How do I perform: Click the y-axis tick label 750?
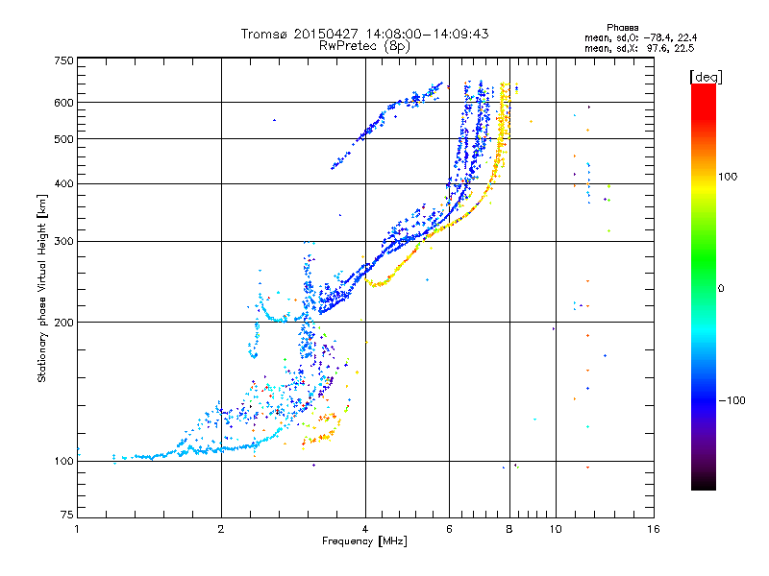[x=63, y=60]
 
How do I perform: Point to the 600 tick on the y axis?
[x=63, y=102]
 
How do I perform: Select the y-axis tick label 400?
[x=63, y=183]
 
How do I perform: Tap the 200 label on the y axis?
[x=63, y=322]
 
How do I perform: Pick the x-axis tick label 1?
[x=77, y=529]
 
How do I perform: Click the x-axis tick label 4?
[x=365, y=529]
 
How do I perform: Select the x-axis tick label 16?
[x=654, y=529]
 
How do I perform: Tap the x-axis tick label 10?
[x=556, y=529]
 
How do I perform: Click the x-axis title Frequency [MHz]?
[x=365, y=541]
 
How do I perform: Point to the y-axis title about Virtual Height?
[x=42, y=289]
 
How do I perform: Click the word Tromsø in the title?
[x=263, y=34]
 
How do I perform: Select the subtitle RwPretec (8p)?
[x=364, y=45]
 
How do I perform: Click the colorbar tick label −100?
[x=732, y=400]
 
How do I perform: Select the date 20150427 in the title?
[x=324, y=34]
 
